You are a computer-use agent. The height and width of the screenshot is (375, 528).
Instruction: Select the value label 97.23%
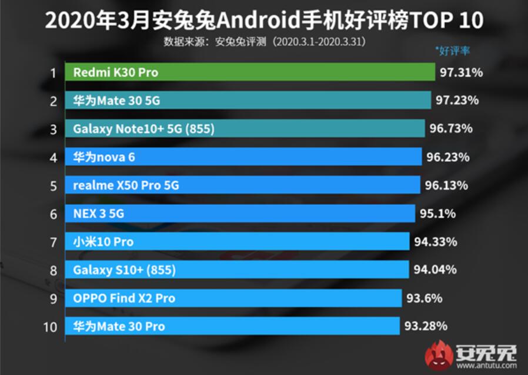(457, 101)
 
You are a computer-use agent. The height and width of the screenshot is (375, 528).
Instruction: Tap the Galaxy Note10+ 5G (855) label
(144, 128)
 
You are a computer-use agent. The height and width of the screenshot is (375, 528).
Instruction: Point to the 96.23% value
(447, 157)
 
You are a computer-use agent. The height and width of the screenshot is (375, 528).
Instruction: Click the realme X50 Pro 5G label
(126, 185)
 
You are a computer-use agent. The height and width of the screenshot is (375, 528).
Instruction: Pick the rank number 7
(54, 242)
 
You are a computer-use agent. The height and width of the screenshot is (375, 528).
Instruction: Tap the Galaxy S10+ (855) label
(124, 270)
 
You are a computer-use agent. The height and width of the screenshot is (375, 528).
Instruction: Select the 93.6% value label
(424, 298)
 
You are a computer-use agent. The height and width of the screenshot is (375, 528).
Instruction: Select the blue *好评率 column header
(452, 51)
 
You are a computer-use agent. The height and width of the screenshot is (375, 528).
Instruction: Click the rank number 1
(54, 73)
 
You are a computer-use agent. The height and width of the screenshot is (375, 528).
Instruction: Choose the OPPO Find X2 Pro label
(124, 298)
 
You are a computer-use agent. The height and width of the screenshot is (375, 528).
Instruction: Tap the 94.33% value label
(435, 241)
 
